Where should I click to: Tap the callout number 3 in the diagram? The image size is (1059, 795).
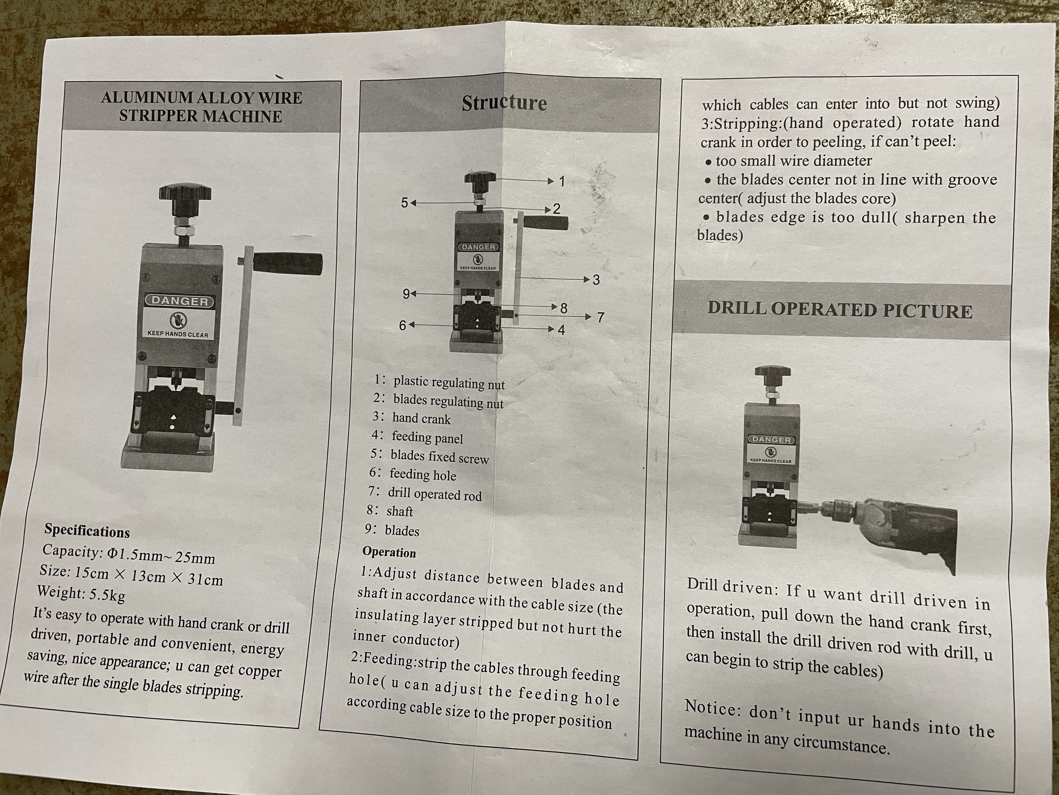(596, 280)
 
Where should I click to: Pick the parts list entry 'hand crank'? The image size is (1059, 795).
(421, 419)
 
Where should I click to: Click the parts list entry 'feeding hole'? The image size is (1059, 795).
(423, 475)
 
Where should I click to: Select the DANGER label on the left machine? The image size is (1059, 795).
(180, 301)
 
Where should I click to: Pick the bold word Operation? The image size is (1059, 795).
(389, 552)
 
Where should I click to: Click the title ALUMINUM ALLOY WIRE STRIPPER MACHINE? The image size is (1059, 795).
(201, 107)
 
